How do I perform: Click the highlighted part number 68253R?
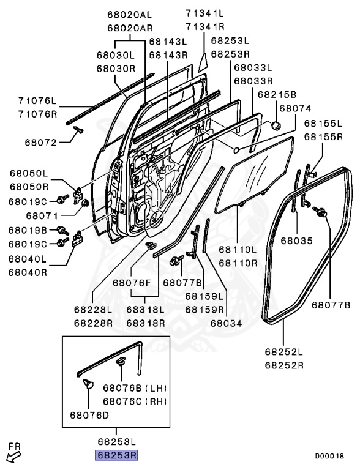tap(116, 455)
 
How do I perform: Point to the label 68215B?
tap(276, 94)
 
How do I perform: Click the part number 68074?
tap(296, 108)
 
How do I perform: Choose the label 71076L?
tap(37, 101)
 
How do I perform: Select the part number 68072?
tap(40, 143)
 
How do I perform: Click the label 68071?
tap(42, 216)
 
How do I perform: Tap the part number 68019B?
tap(28, 230)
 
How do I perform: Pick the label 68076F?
tap(131, 283)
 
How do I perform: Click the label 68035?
tap(296, 241)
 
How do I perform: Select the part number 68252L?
tap(284, 352)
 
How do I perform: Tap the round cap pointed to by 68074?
tap(276, 125)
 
